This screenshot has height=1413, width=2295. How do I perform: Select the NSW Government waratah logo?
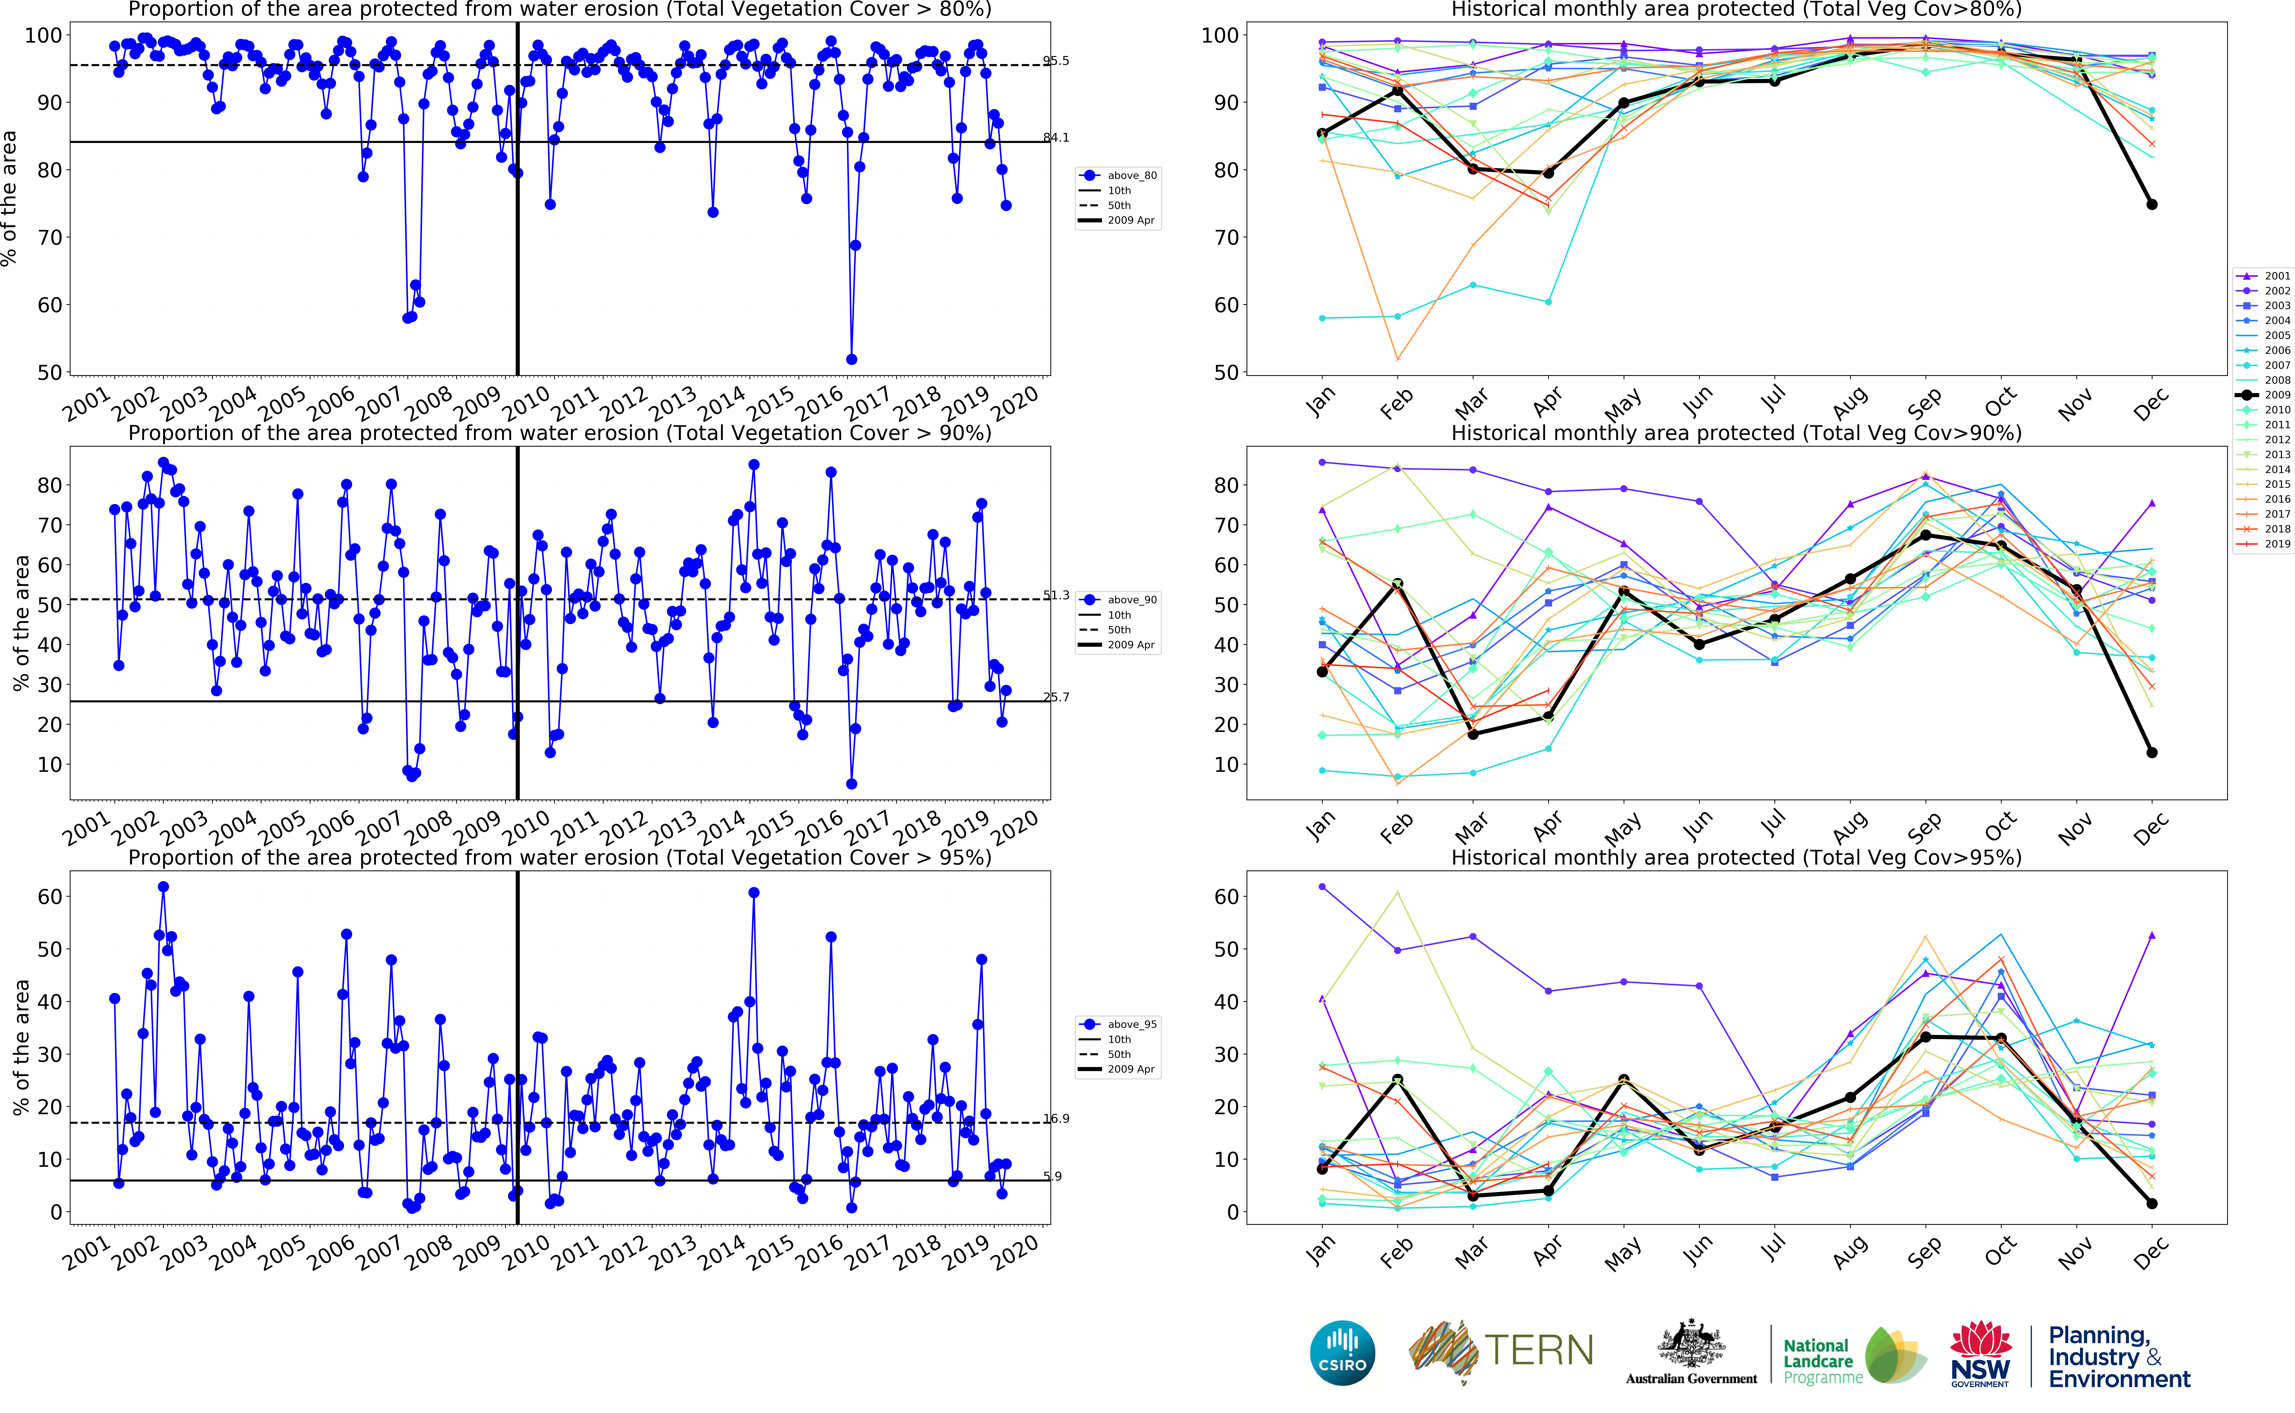tap(1980, 1352)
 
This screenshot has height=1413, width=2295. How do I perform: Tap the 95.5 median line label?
tap(1056, 61)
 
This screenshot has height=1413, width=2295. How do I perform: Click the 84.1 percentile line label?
tap(1056, 137)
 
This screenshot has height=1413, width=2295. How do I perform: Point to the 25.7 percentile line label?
tap(1056, 697)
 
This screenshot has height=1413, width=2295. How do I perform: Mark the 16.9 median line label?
tap(1056, 1119)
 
